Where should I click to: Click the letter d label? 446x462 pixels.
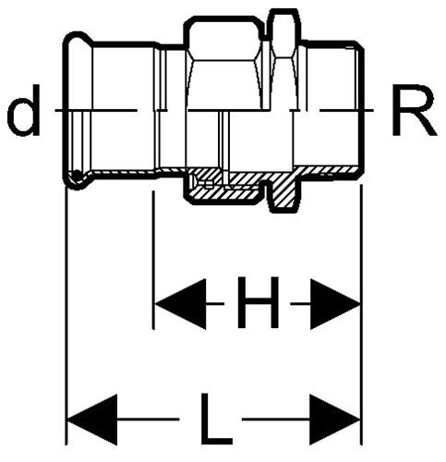coord(23,110)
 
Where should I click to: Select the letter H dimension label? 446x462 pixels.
coord(258,302)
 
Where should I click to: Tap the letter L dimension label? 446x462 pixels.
coord(216,419)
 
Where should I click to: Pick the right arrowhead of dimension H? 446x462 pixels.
coord(335,304)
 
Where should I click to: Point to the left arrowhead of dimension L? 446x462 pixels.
coord(92,419)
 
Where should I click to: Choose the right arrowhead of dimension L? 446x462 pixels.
coord(335,419)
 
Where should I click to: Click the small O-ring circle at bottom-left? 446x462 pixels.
coord(77,176)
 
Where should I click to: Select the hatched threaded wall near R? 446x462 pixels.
coord(328,171)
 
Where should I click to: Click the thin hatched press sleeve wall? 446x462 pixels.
coord(123,174)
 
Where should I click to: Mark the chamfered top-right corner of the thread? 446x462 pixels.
coord(359,45)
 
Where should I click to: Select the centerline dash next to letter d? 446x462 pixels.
coord(96,110)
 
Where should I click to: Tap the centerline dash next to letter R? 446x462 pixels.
coord(347,110)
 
